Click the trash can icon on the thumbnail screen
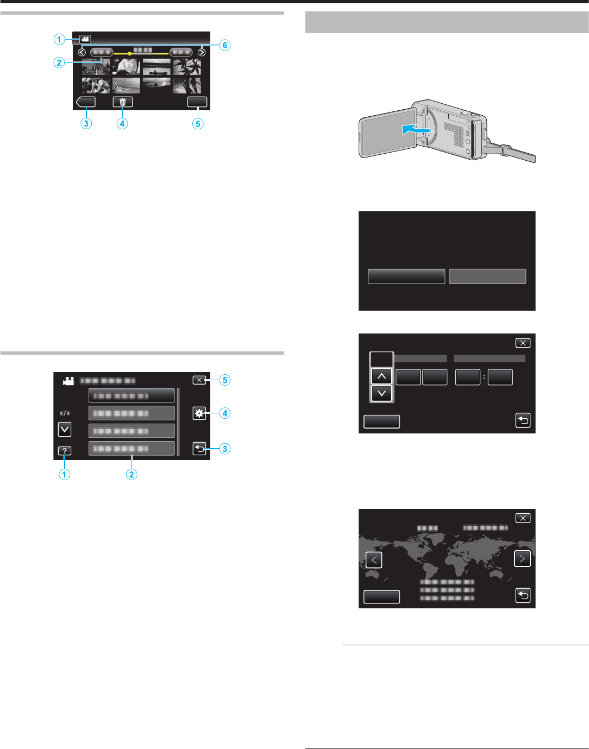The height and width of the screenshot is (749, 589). (x=123, y=102)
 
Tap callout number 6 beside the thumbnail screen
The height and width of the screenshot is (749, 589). (x=225, y=46)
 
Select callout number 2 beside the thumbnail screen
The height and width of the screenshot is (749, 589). (x=59, y=62)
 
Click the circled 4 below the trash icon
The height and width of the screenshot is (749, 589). (x=122, y=124)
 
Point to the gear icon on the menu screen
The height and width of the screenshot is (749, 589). (x=199, y=413)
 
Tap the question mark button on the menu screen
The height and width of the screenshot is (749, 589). (x=65, y=451)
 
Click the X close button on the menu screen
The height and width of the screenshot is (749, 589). (x=199, y=380)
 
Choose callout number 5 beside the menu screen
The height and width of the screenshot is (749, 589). (x=225, y=380)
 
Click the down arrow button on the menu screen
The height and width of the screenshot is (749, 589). (x=65, y=430)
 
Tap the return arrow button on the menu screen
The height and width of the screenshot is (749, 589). (x=199, y=449)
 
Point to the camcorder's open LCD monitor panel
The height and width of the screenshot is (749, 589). (x=387, y=134)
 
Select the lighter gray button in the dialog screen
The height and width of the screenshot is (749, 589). (x=487, y=276)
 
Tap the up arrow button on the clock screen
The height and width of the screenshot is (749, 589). (x=381, y=376)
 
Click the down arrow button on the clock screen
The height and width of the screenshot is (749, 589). (x=381, y=393)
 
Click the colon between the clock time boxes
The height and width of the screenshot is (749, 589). (x=484, y=377)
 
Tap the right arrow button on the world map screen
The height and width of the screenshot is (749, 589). (x=522, y=558)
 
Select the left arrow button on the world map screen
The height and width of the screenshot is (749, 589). (x=374, y=560)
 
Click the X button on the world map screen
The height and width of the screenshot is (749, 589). (x=523, y=518)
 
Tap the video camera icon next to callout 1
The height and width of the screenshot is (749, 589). (x=85, y=39)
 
